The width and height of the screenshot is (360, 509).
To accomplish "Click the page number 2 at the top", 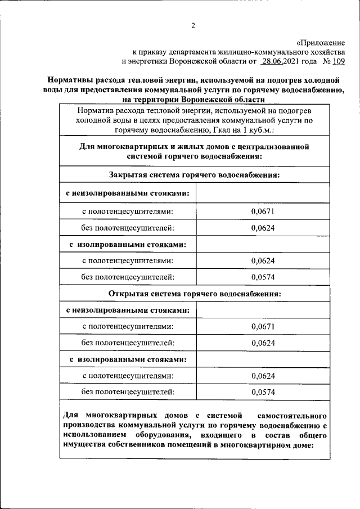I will point(193,25).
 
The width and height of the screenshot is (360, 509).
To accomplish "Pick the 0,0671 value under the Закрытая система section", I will point(263,211).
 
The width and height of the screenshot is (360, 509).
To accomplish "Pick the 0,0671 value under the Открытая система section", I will point(263,326).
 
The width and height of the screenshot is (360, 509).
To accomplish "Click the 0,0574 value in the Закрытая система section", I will point(263,277).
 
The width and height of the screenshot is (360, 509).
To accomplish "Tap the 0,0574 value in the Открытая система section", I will point(263,391).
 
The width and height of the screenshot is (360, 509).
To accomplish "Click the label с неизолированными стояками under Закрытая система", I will point(127,193).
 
